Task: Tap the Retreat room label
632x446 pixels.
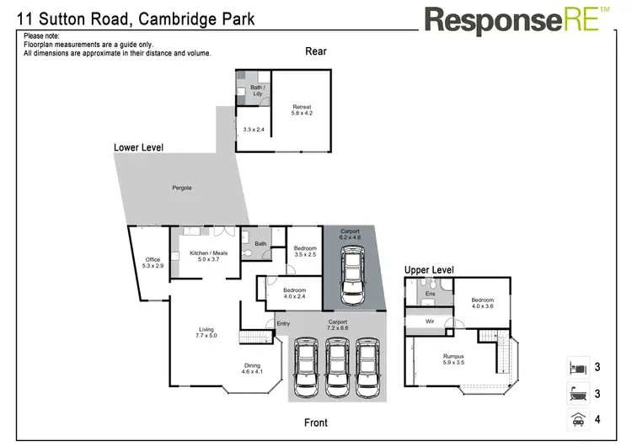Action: [x=302, y=109]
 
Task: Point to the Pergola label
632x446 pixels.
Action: [x=181, y=187]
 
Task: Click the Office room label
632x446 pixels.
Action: [x=153, y=263]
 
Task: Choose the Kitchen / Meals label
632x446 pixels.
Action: [x=208, y=257]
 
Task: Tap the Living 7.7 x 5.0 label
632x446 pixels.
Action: [x=206, y=332]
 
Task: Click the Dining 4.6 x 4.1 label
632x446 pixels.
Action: [x=253, y=369]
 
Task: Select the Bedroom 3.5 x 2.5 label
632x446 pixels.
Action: [x=305, y=251]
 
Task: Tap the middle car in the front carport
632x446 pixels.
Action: [x=337, y=368]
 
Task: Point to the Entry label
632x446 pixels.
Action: [x=282, y=324]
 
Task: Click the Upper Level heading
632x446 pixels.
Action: [x=429, y=270]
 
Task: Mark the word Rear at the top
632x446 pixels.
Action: [x=315, y=51]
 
